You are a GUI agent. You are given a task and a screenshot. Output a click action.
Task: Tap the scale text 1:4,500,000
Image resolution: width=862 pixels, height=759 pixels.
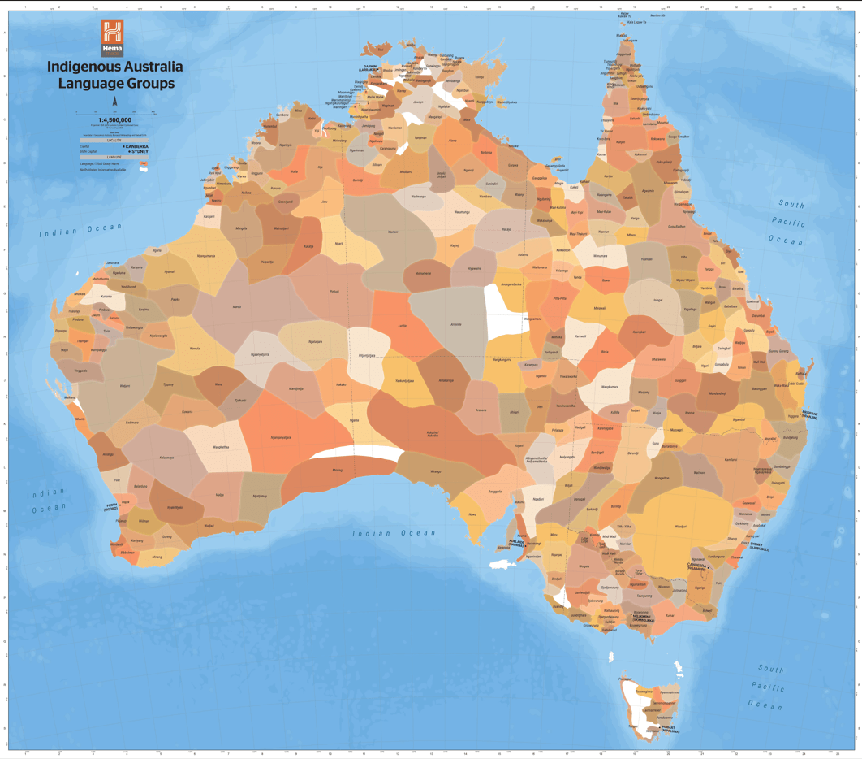tap(114, 119)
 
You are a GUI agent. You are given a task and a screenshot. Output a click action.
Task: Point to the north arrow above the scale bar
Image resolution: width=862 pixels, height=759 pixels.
tap(114, 102)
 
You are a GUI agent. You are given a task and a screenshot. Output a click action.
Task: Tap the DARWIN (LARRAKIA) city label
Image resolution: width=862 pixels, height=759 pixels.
tap(369, 68)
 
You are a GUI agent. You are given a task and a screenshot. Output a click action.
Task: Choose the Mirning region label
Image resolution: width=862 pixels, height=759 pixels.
tap(337, 470)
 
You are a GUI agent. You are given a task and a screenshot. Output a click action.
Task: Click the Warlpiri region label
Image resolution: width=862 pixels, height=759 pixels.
tap(393, 232)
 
